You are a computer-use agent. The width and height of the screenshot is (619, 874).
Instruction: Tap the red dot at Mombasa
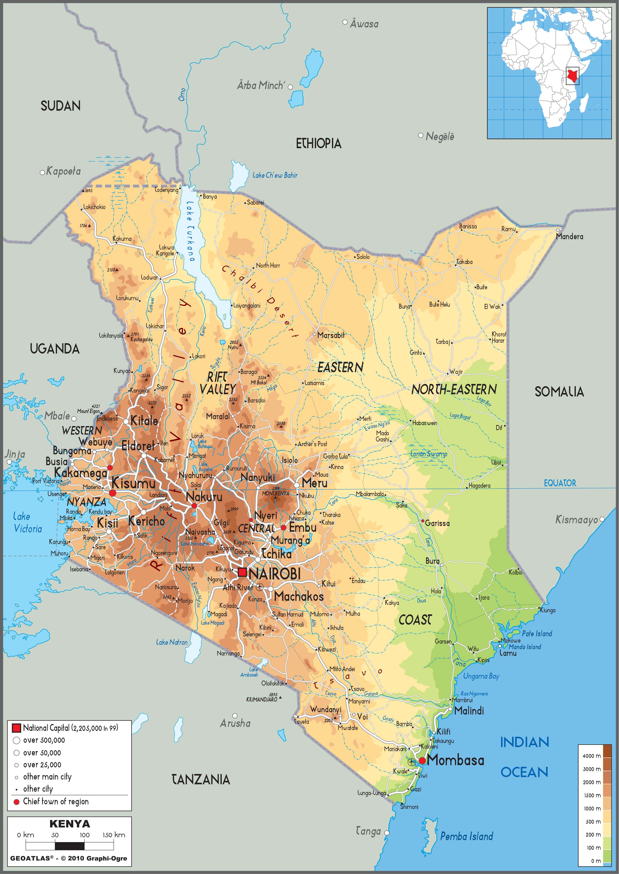pyautogui.click(x=422, y=761)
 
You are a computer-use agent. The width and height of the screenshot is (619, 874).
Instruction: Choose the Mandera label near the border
pyautogui.click(x=569, y=237)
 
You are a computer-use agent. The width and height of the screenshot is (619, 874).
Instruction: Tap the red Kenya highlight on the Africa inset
pyautogui.click(x=571, y=76)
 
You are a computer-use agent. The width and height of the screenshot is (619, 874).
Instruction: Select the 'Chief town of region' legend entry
pyautogui.click(x=56, y=801)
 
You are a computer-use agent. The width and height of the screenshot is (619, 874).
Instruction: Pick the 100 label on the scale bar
pyautogui.click(x=84, y=835)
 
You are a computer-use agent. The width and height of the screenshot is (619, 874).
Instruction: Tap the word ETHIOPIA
pyautogui.click(x=319, y=144)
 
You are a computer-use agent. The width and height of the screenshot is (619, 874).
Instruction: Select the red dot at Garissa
pyautogui.click(x=423, y=521)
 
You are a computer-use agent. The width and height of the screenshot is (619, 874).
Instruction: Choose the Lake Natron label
pyautogui.click(x=172, y=643)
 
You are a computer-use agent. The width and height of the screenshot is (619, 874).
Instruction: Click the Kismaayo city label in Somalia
pyautogui.click(x=576, y=519)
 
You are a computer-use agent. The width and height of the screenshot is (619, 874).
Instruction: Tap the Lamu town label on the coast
pyautogui.click(x=508, y=653)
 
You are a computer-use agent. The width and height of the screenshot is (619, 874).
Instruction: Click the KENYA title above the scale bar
pyautogui.click(x=70, y=824)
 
